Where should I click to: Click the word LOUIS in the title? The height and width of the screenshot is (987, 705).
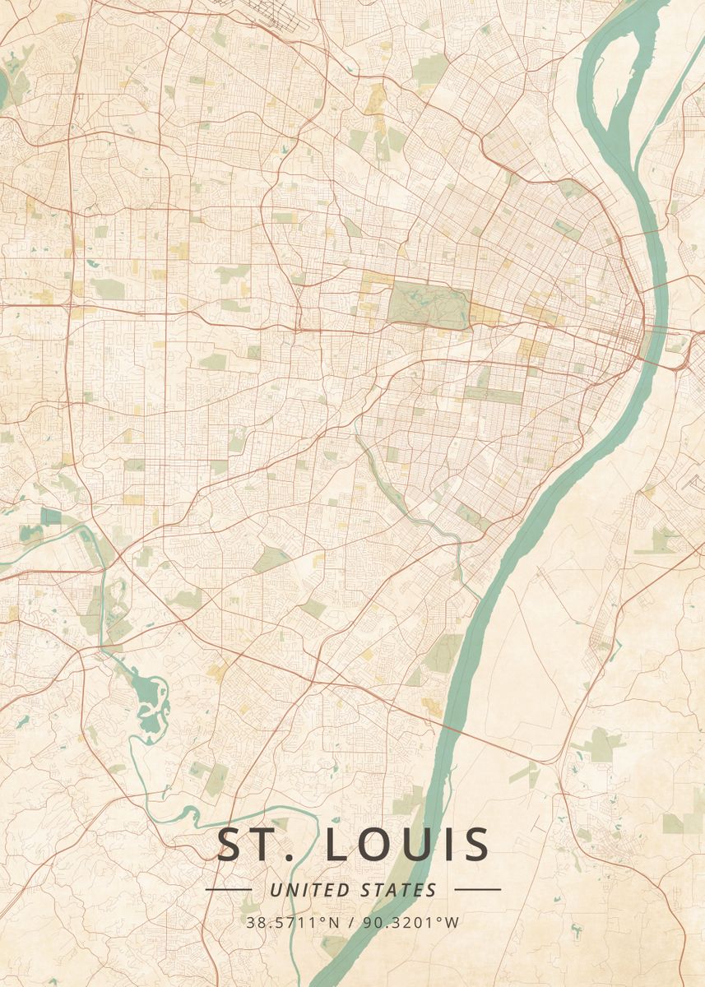(408, 846)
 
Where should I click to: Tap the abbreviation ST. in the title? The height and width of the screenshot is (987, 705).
(255, 846)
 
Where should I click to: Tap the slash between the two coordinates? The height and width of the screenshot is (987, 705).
(352, 922)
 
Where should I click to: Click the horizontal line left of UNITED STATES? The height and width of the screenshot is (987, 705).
(228, 890)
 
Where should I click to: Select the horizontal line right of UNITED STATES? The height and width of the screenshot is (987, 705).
(477, 890)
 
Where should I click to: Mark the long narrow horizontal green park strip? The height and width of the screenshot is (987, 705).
(494, 395)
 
